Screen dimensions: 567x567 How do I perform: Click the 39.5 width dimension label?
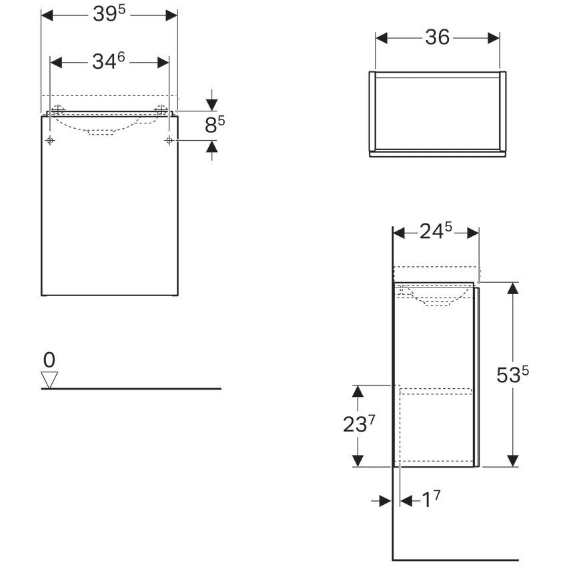[109, 14]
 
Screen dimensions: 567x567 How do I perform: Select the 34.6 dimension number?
[108, 61]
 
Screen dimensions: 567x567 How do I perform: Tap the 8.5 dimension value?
[215, 125]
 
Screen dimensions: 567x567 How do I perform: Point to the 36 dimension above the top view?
[437, 37]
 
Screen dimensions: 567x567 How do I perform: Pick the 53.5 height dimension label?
[512, 374]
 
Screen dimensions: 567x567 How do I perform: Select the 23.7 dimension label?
[359, 424]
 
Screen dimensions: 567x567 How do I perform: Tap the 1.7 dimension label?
[431, 500]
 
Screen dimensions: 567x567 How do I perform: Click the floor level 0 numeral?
[49, 360]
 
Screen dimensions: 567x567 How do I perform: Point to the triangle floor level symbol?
[49, 380]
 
